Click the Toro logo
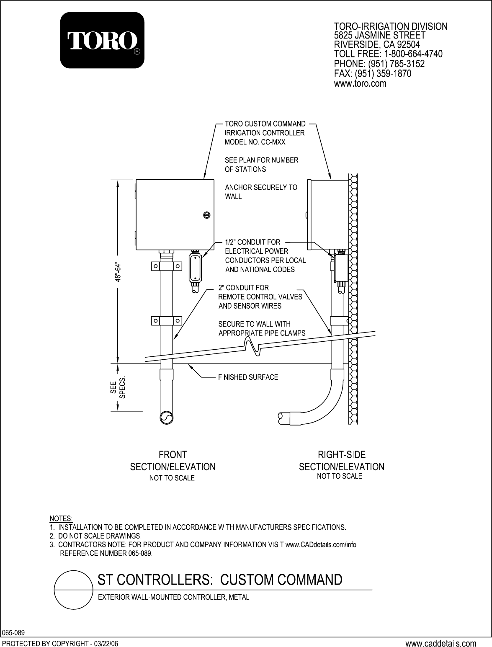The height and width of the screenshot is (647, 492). [x=102, y=40]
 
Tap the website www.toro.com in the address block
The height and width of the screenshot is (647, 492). [x=360, y=84]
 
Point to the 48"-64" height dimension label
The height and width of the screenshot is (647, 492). [x=118, y=272]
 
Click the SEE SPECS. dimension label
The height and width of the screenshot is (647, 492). [x=118, y=387]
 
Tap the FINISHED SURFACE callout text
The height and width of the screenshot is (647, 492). [x=248, y=377]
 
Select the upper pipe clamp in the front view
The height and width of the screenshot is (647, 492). [x=167, y=266]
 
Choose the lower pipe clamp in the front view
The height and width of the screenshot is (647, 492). [x=167, y=321]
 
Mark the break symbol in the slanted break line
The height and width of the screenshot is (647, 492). [x=252, y=347]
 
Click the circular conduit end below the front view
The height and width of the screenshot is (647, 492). [x=167, y=418]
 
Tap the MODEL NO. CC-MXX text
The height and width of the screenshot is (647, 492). [x=255, y=142]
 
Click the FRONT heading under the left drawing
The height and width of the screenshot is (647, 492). [x=173, y=455]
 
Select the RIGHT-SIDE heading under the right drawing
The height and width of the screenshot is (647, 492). [x=342, y=454]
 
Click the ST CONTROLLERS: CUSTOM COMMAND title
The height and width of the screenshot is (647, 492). [x=220, y=580]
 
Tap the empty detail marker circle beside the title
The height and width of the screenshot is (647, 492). [x=74, y=590]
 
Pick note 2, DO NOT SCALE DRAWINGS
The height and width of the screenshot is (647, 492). [x=96, y=536]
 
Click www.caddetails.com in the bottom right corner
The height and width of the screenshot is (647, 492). [x=441, y=641]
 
